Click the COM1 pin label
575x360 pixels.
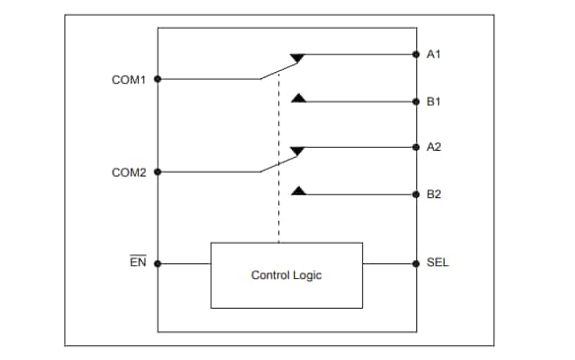129,79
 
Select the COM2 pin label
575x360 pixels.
129,172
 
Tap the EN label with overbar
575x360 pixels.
138,263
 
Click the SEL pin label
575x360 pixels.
437,263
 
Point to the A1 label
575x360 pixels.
433,54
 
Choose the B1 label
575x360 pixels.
433,101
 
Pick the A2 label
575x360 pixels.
433,147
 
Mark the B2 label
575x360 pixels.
433,193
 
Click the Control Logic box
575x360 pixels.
286,275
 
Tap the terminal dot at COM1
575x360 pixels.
158,79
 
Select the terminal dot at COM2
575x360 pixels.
158,172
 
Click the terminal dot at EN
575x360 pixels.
158,263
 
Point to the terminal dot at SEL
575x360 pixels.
415,263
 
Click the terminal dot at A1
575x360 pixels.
415,54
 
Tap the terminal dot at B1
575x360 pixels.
415,101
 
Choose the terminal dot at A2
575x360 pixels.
415,147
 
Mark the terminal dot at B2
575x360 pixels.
415,193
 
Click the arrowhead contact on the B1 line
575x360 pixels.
299,97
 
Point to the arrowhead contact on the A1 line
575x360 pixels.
299,58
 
